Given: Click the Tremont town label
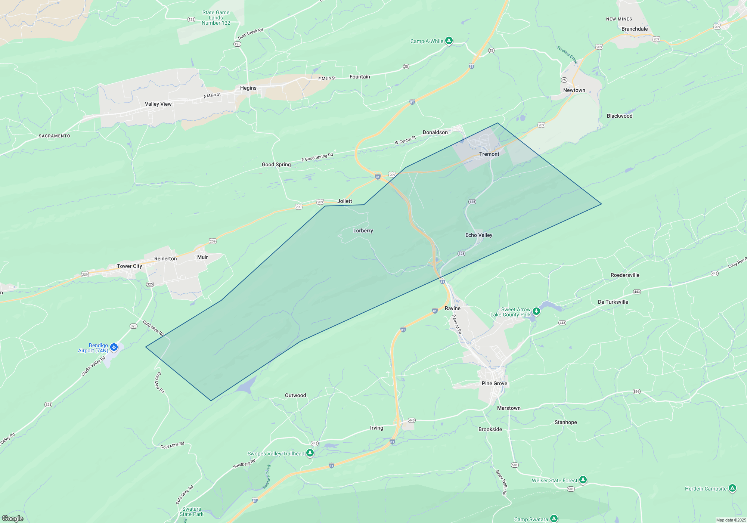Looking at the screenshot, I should coord(489,154).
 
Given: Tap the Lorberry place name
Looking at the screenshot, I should coord(363,230).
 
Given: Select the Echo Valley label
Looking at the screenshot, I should coord(478,235).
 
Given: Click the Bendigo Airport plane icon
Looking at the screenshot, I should coord(114,347).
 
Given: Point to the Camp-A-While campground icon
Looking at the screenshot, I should coord(449,40).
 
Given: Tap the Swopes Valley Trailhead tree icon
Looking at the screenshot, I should coord(310,453).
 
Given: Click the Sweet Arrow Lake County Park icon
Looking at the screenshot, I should coord(536,311).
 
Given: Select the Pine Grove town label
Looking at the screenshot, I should coord(494,383).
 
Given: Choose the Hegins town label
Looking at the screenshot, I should coord(248,88).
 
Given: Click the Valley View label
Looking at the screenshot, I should coord(158,104).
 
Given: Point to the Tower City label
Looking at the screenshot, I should coord(129,266).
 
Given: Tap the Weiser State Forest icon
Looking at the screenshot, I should coord(583,480).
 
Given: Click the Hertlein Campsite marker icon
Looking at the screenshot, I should coord(732,488).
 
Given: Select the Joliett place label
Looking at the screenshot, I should coord(344,201).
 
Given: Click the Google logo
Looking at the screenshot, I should coord(13,519).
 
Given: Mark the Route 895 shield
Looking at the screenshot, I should coord(636,392).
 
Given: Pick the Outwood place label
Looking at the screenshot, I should coord(295,395).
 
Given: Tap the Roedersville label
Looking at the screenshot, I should coord(625,275).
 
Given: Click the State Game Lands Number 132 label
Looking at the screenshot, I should coord(216,18).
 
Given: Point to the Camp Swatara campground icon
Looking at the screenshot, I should coord(554,519).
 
